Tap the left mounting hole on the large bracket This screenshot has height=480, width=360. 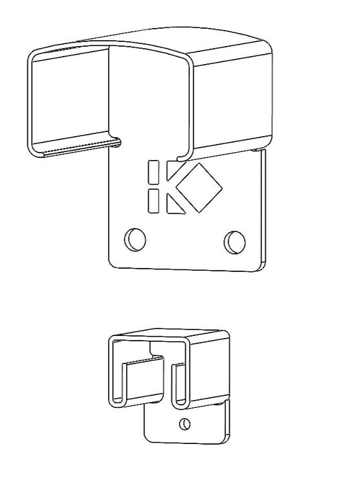135,238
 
